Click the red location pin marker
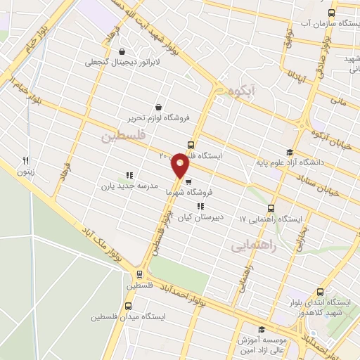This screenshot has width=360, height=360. pyautogui.click(x=180, y=165)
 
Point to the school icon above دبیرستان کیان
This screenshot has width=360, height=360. pyautogui.click(x=200, y=206)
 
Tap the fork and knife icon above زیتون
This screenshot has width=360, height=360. pyautogui.click(x=26, y=160)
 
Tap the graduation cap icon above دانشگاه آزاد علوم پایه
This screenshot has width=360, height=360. pyautogui.click(x=289, y=152)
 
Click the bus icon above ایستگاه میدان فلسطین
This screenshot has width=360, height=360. pyautogui.click(x=129, y=306)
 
